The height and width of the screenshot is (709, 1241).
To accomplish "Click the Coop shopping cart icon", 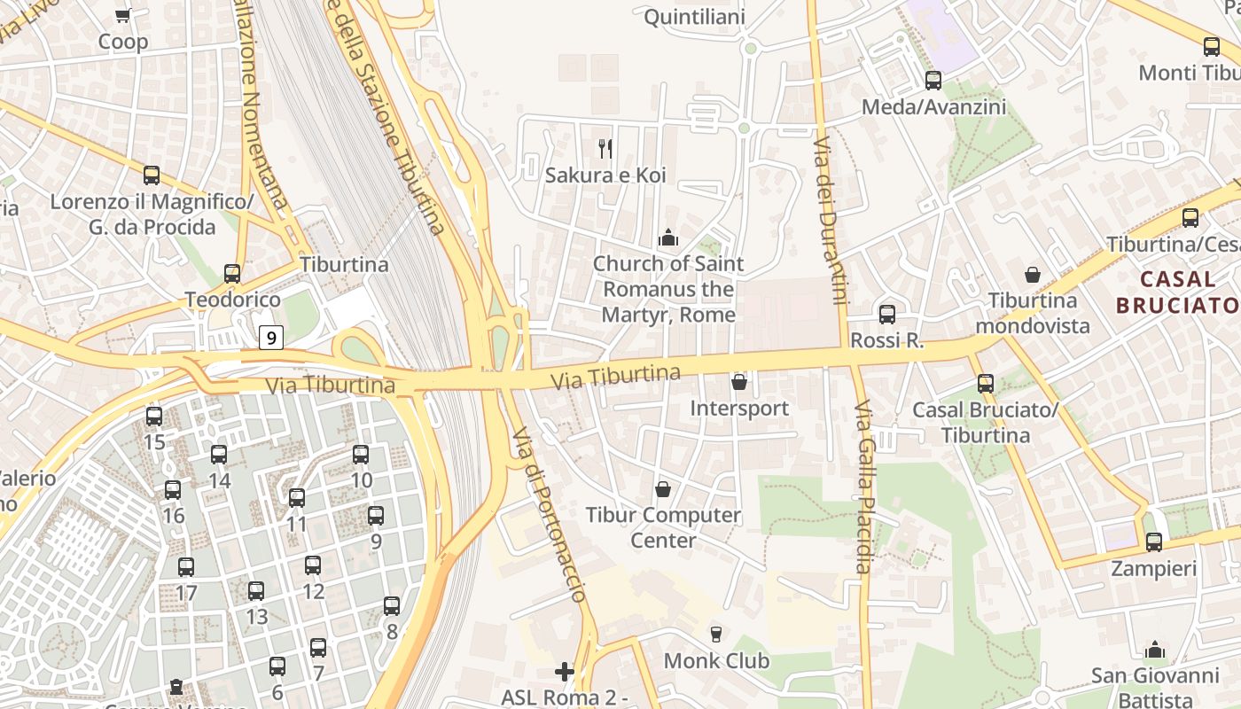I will tap(123, 15).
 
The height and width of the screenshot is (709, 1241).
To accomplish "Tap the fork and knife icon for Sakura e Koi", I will tap(605, 148).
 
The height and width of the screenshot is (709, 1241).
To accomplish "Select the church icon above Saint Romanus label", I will tap(668, 238).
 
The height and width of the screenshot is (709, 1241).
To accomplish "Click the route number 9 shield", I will tap(271, 337).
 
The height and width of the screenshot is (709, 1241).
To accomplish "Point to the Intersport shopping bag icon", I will tap(739, 382).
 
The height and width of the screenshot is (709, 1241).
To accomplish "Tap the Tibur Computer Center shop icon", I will tap(662, 489).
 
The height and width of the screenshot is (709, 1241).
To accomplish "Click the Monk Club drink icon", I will tap(716, 634).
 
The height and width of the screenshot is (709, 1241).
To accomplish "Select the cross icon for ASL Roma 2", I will tap(564, 671).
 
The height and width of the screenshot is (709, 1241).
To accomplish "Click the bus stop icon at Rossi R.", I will tap(886, 314).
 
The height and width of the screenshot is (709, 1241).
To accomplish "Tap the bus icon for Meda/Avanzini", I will tap(933, 81).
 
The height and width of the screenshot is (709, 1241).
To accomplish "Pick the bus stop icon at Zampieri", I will tap(1153, 542).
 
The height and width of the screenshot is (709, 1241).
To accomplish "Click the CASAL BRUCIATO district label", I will tap(1177, 292).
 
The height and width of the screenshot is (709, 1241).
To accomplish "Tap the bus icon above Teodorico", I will tap(232, 274).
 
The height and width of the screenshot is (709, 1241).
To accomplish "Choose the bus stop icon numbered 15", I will tap(154, 416).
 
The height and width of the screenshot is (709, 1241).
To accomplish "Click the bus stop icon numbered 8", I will tap(392, 606).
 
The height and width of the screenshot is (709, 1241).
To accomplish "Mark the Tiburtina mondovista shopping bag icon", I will tap(1032, 275).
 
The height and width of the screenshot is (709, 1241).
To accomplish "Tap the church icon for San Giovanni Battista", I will tap(1154, 649).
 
